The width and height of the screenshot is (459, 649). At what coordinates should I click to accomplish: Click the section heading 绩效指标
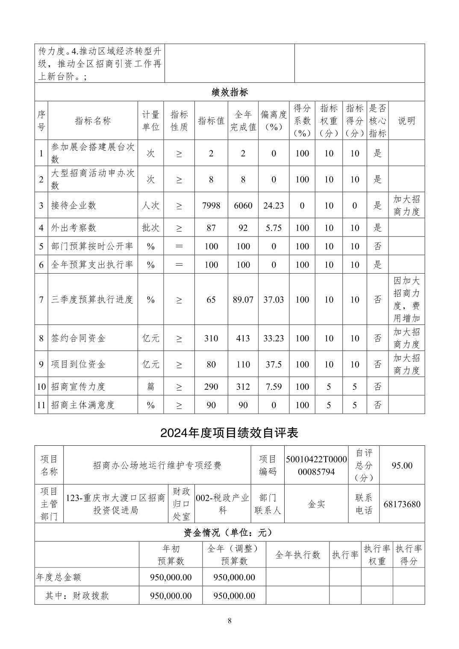click(229, 92)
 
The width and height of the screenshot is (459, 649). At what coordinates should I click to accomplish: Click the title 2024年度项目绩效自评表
click(229, 433)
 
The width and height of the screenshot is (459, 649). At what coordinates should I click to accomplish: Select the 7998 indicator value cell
click(211, 205)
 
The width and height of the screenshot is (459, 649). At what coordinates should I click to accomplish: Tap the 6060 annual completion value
click(243, 205)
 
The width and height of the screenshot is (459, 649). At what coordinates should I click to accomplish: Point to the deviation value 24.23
click(274, 205)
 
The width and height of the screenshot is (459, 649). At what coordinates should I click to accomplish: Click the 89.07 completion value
click(243, 300)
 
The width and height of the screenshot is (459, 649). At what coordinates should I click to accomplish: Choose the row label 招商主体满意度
click(83, 405)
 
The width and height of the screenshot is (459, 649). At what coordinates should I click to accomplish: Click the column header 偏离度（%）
click(274, 121)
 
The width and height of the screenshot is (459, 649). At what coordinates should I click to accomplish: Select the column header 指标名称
click(93, 121)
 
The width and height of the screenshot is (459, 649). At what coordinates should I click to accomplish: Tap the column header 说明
click(406, 121)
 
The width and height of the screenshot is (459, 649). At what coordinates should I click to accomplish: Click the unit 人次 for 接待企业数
click(151, 205)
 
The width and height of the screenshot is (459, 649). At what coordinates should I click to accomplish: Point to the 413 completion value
click(243, 339)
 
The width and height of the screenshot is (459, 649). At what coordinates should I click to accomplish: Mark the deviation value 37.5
click(274, 365)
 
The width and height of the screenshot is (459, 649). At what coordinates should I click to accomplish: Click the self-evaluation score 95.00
click(402, 465)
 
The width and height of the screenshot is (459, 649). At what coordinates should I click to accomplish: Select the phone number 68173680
click(402, 504)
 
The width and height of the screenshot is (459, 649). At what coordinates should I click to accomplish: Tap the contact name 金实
click(317, 504)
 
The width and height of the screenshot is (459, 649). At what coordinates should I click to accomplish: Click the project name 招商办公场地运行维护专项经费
click(157, 465)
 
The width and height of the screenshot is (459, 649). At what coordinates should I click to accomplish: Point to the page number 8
click(229, 621)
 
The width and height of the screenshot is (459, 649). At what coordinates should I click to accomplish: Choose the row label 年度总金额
click(59, 577)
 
